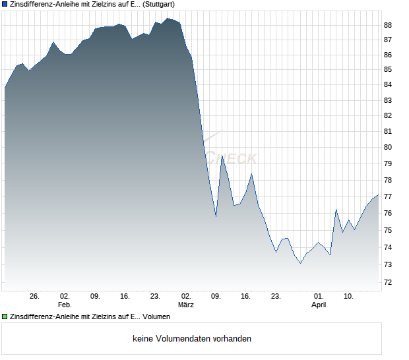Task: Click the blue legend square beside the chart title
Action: (x=5, y=4)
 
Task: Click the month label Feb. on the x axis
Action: (x=64, y=305)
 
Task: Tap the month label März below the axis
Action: (x=186, y=305)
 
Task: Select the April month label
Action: (x=319, y=305)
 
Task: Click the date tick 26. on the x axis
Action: (x=34, y=297)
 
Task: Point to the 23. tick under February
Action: (x=155, y=297)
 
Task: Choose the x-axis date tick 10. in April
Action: (x=349, y=297)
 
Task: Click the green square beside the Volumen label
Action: (x=5, y=317)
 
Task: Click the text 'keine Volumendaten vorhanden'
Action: (x=192, y=339)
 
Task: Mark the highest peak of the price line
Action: (x=168, y=18)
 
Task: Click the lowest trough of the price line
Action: (x=300, y=264)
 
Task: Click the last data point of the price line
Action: (x=379, y=195)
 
